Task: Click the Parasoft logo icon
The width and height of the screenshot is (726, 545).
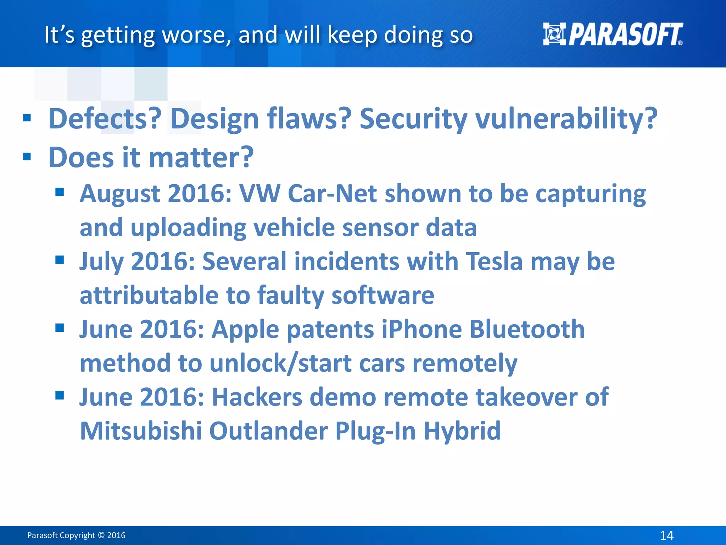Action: [x=554, y=34]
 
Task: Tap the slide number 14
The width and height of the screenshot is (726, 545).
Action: [x=666, y=535]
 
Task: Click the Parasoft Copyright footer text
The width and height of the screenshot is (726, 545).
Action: [x=76, y=535]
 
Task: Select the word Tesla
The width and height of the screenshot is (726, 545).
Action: [x=494, y=261]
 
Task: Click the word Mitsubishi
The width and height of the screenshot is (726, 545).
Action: [x=141, y=431]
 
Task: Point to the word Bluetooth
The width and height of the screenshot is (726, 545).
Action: [x=527, y=329]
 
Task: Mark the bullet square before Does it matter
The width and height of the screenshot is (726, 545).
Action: [x=27, y=156]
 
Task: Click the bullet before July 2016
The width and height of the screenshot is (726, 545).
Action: [x=60, y=260]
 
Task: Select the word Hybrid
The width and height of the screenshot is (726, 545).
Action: [x=462, y=431]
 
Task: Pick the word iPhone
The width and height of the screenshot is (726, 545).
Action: [x=421, y=329]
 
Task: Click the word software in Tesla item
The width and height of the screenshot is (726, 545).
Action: [x=382, y=295]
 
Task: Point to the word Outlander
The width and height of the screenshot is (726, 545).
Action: [x=268, y=431]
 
